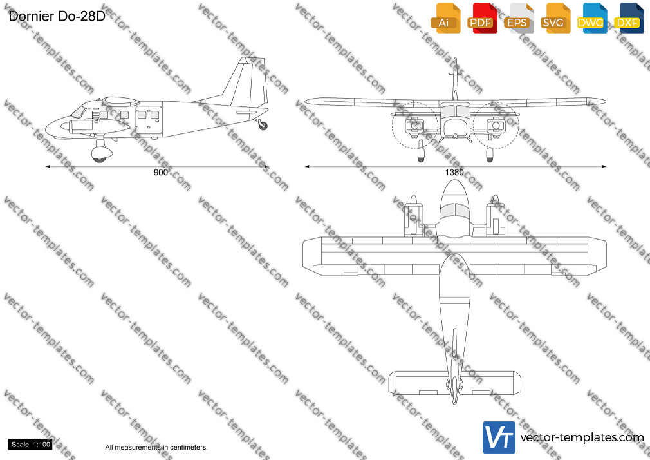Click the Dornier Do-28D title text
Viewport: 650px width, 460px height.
(57, 16)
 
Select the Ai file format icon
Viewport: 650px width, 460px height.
(445, 18)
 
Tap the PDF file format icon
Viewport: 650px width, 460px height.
(482, 18)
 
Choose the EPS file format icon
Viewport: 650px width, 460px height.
(519, 18)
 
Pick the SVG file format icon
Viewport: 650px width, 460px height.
(555, 18)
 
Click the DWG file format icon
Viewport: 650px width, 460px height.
(591, 18)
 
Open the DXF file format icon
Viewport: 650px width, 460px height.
(629, 18)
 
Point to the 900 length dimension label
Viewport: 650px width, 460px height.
(161, 172)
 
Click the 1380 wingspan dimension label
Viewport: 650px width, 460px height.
(454, 172)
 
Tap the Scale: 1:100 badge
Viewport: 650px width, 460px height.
(30, 445)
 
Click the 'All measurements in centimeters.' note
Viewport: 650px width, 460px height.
(156, 448)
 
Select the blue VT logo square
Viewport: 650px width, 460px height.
(499, 437)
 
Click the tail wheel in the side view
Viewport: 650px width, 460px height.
(263, 126)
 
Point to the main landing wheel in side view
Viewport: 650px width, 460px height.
(99, 158)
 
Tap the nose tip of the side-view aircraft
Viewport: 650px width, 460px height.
(46, 129)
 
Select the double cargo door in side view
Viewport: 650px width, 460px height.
(149, 120)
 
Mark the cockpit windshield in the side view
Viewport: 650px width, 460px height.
(79, 112)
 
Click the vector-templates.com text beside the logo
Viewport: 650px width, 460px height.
(582, 437)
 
